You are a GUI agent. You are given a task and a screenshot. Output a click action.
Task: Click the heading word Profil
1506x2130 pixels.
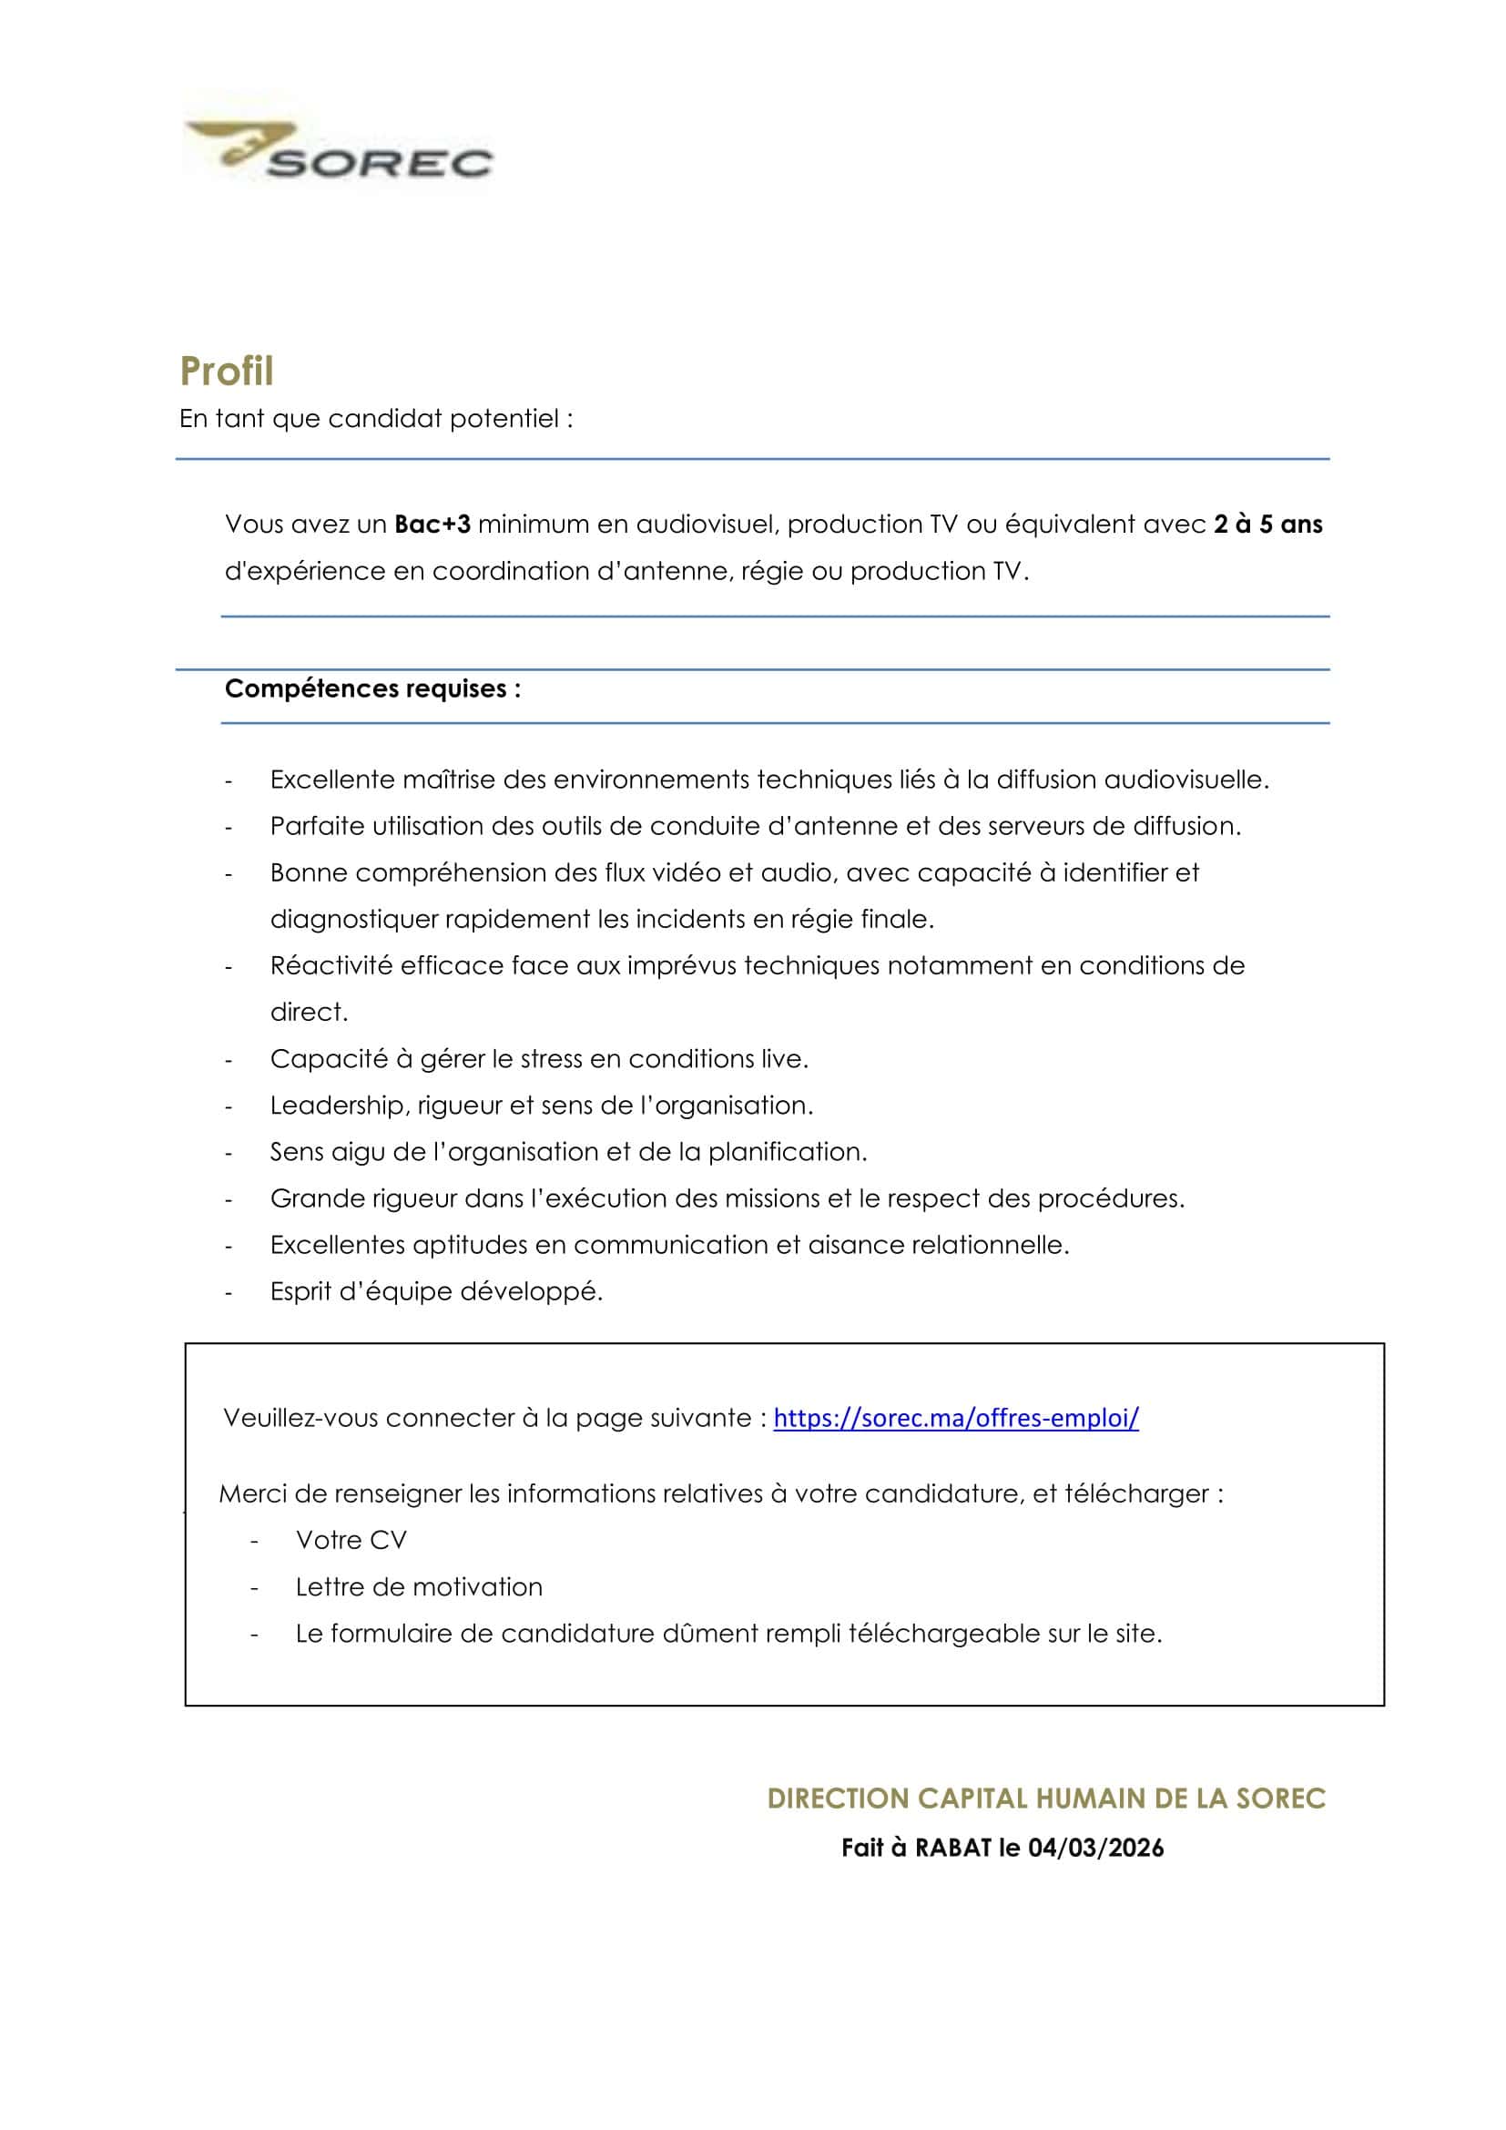tap(227, 371)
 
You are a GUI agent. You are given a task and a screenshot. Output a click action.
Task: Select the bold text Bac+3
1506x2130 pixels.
tap(432, 525)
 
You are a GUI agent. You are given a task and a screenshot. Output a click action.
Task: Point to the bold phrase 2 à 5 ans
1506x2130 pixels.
tap(1267, 525)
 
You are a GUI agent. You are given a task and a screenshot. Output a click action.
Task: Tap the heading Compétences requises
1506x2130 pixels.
tap(371, 688)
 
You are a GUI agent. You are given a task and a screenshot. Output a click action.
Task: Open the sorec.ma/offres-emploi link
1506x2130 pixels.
tap(956, 1418)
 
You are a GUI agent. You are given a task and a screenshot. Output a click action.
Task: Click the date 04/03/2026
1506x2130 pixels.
tap(1096, 1848)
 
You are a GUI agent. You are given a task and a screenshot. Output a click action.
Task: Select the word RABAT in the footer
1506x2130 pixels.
tap(954, 1848)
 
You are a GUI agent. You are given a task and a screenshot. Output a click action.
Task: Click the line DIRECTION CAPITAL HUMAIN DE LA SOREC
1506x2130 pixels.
tap(1046, 1799)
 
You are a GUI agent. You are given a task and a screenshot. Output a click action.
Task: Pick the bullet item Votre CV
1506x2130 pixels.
tap(351, 1540)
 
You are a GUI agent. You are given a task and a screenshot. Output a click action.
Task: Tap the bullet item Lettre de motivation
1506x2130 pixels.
tap(418, 1586)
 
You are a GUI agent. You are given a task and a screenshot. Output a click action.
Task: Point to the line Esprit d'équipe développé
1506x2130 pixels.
tap(436, 1290)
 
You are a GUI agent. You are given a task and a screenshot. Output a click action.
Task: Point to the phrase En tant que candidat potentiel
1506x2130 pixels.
tap(375, 418)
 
